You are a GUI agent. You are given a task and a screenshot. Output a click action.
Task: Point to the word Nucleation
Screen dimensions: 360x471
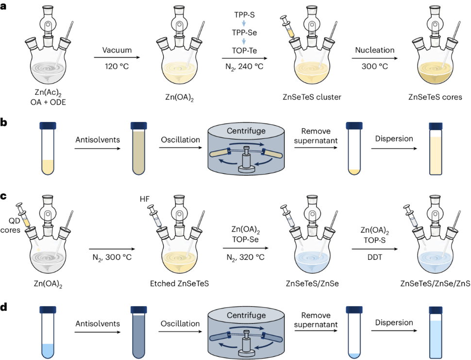click(x=375, y=50)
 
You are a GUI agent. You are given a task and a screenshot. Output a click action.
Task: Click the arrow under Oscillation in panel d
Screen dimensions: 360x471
click(x=181, y=333)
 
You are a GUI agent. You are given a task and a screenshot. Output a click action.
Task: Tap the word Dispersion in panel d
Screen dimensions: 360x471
click(x=394, y=322)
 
